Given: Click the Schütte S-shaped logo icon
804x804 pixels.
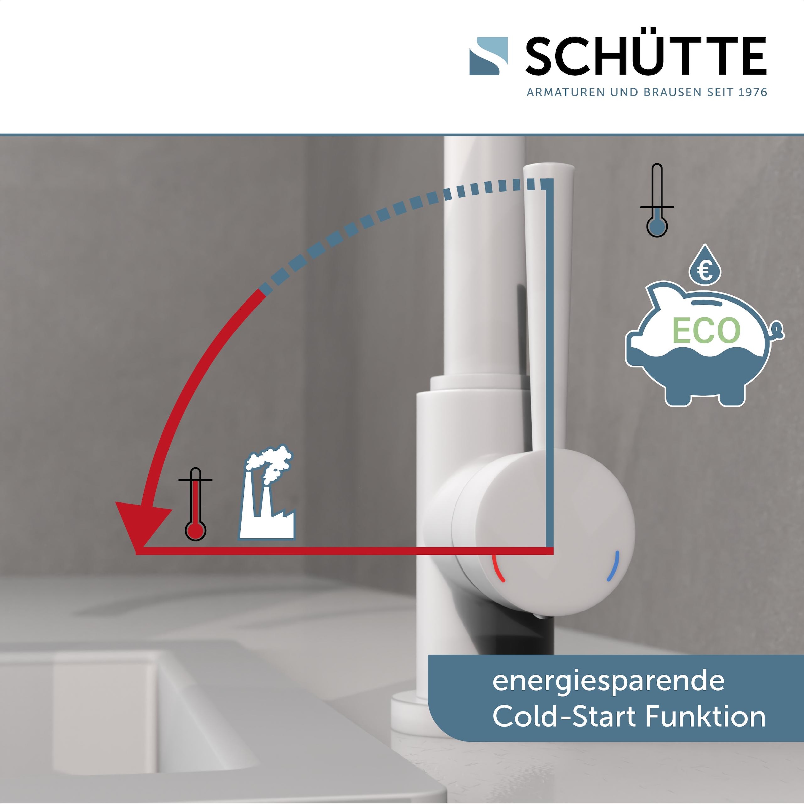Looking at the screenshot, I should pos(488,56).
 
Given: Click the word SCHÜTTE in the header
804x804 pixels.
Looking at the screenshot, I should pos(646,56).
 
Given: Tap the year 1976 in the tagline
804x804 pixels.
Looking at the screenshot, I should pos(752,92).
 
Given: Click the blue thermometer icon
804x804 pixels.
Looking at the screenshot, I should pos(657,201).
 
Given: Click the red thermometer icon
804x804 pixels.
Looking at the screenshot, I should pos(195,505).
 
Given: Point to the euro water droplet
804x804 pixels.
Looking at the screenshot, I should pos(705,266).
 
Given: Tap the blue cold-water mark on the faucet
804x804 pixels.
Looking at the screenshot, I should pos(613,565).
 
